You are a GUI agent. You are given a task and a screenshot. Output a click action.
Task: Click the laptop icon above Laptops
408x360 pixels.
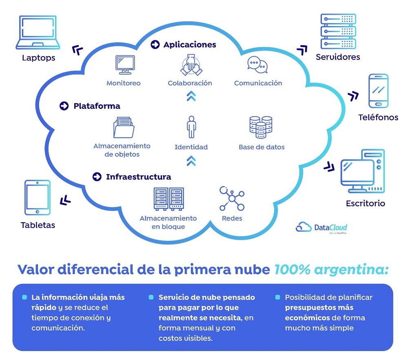coord(38,32)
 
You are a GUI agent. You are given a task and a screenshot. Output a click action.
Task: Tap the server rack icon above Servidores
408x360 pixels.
coord(338,31)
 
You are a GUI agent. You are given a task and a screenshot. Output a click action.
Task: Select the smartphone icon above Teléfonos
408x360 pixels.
coord(378,91)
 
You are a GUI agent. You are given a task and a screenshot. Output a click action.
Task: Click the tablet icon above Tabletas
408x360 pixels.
coord(38,198)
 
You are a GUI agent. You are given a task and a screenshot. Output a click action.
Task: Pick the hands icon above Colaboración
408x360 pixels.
coord(191,65)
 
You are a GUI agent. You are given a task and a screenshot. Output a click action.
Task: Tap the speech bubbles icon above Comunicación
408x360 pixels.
coord(257,65)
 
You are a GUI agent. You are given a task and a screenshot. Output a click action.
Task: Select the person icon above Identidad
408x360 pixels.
coord(191,127)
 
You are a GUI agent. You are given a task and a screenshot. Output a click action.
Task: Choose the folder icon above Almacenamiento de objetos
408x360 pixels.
coord(124,127)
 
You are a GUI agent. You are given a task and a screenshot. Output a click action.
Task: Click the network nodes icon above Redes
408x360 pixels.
coord(232,198)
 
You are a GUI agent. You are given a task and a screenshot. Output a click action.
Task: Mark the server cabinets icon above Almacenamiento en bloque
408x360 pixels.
coord(169,199)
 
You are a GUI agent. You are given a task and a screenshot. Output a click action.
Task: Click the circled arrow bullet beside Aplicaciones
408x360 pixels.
coord(155,44)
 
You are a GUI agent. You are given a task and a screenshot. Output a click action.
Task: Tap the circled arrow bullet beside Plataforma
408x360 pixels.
coord(64,106)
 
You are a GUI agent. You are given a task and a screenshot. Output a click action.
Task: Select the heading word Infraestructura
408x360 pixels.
coord(138,177)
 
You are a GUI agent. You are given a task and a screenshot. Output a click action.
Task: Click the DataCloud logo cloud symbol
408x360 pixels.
coord(304,227)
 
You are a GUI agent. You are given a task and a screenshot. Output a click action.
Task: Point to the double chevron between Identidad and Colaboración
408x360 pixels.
coord(191,96)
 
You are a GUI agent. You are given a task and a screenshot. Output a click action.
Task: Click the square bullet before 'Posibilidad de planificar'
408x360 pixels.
coord(277,297)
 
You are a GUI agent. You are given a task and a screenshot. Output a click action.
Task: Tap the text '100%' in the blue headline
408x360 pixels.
coord(292,269)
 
